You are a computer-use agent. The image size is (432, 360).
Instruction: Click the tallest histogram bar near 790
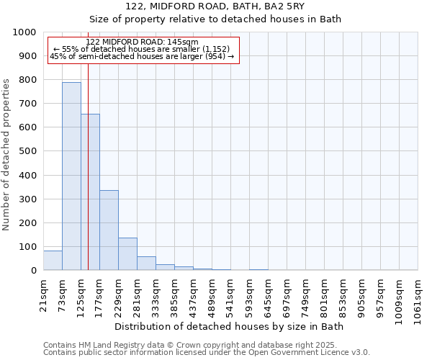(71, 176)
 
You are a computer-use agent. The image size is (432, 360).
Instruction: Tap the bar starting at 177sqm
(109, 230)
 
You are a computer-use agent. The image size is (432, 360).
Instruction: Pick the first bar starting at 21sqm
(53, 261)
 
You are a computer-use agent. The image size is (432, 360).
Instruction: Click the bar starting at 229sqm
(127, 254)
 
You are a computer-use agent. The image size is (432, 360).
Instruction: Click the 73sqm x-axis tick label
(63, 291)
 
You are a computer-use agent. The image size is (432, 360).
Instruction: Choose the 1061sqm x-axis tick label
(418, 297)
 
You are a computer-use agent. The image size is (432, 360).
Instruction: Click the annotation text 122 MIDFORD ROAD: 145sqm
(142, 42)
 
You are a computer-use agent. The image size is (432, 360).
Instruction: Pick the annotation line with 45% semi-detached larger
(142, 56)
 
